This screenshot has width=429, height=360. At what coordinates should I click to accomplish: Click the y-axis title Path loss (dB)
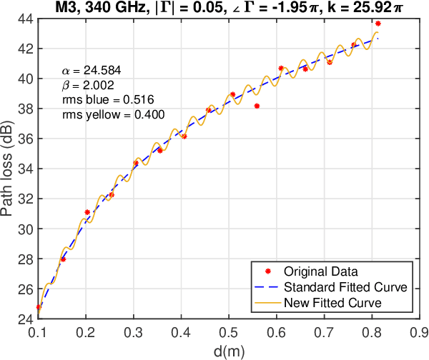[9, 167]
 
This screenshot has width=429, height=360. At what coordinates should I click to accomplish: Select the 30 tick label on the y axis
[25, 229]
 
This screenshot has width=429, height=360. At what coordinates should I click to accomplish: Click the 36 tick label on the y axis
[25, 139]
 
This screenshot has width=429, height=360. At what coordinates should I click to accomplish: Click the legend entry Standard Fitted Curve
[345, 287]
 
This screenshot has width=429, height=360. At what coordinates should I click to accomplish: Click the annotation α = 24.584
[91, 71]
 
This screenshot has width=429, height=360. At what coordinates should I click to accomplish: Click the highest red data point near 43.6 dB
[378, 24]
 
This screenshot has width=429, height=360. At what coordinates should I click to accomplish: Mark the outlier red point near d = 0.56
[257, 106]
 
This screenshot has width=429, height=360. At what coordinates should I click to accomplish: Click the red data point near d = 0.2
[87, 212]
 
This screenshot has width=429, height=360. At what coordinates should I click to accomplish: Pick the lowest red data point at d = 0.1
[39, 307]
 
